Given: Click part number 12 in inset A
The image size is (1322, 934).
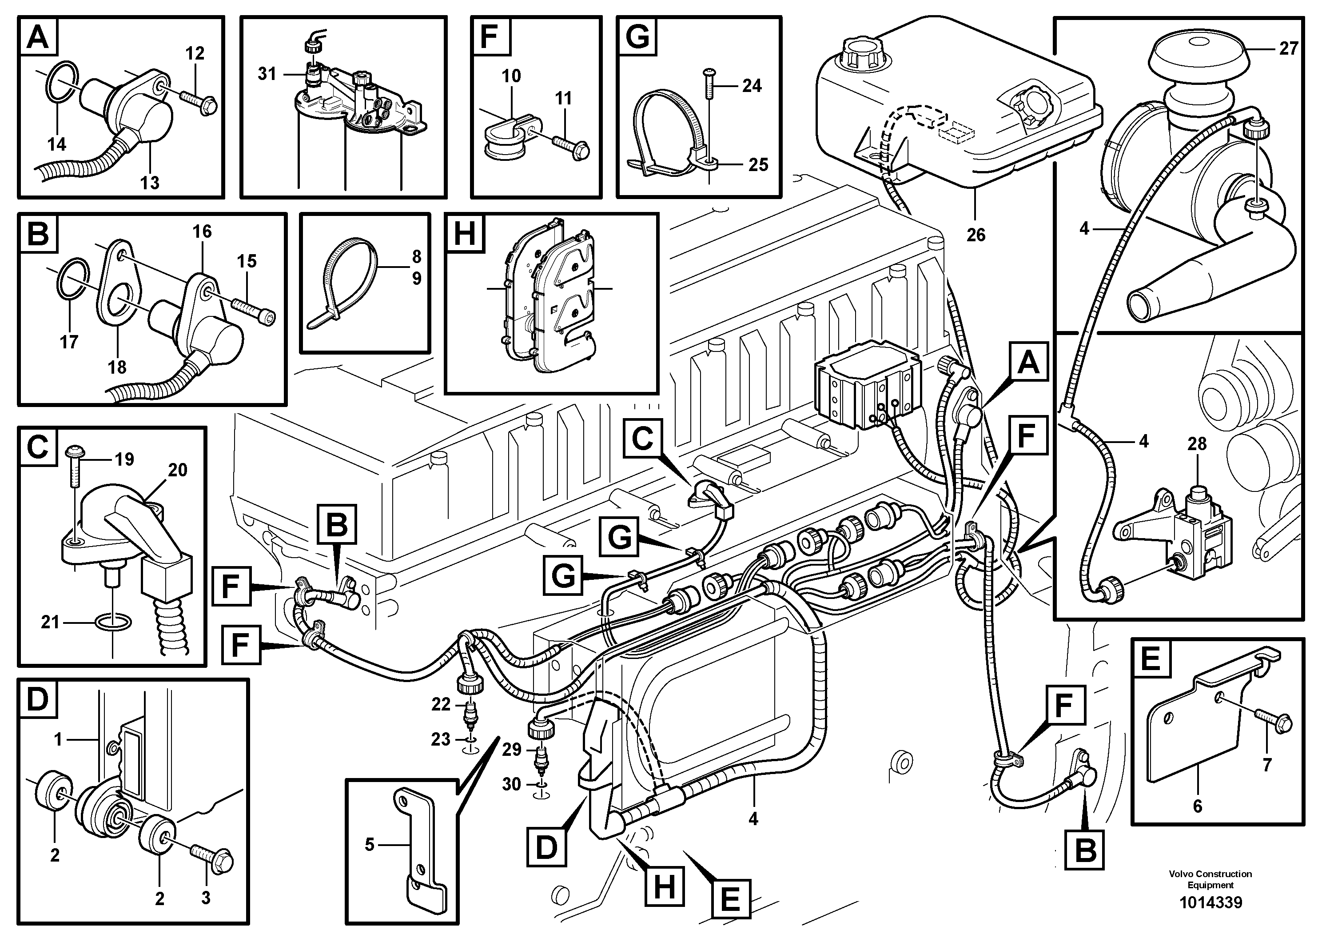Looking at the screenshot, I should point(195,54).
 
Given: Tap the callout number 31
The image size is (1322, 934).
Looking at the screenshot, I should point(267,74).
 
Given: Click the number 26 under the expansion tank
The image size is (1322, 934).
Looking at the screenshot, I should point(976,235).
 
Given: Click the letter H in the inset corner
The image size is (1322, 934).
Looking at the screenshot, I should point(465,234).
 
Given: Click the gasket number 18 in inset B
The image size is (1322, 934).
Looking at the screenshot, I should point(117,367).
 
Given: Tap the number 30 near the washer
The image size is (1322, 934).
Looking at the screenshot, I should point(511,784).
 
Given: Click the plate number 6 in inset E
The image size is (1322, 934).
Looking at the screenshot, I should point(1198,806).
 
